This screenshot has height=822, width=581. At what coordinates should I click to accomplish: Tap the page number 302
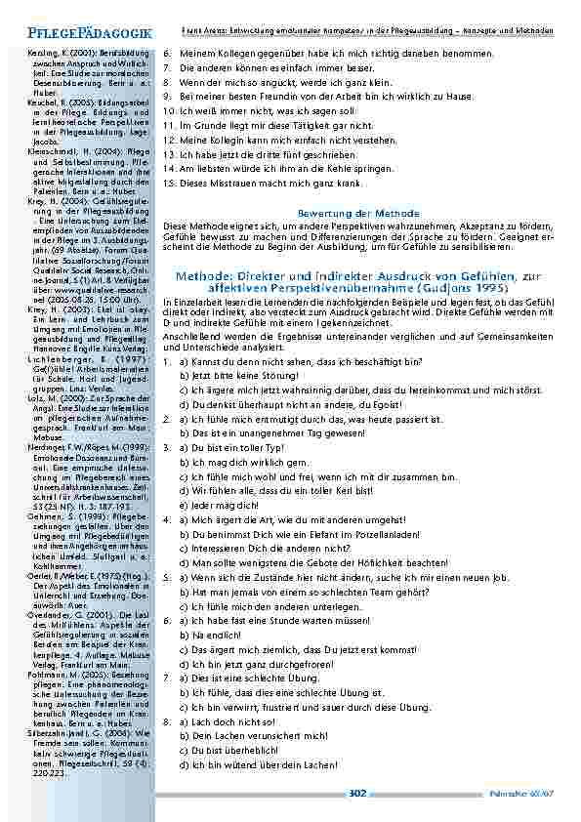[357, 794]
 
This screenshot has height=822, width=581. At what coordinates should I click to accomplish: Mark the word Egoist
[346, 402]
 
